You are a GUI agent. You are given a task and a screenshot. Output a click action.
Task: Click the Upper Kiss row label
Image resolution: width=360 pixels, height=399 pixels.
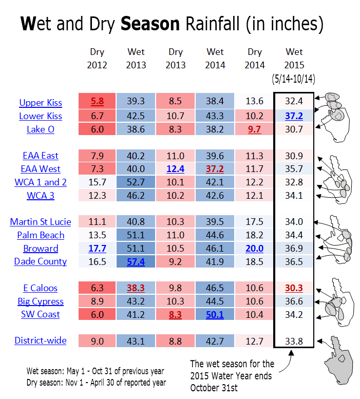pyautogui.click(x=41, y=103)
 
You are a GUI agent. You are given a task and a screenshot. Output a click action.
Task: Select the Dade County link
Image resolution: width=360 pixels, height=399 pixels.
pyautogui.click(x=41, y=261)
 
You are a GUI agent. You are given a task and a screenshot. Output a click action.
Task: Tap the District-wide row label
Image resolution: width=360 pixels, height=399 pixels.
pyautogui.click(x=41, y=340)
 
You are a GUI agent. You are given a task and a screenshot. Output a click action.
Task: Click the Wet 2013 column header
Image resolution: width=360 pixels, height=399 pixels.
pyautogui.click(x=136, y=58)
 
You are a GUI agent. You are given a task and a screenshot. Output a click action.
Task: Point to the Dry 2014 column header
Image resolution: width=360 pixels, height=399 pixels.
pyautogui.click(x=254, y=58)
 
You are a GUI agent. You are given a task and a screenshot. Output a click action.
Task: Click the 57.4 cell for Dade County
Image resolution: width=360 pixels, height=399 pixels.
pyautogui.click(x=136, y=261)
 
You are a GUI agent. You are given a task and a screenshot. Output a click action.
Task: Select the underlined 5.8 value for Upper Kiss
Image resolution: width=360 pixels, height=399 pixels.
pyautogui.click(x=97, y=101)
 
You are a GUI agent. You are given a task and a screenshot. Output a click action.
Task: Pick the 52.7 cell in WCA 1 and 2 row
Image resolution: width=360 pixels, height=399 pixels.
pyautogui.click(x=136, y=182)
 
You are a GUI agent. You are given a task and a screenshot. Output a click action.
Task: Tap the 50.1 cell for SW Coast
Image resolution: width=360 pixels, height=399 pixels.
pyautogui.click(x=215, y=314)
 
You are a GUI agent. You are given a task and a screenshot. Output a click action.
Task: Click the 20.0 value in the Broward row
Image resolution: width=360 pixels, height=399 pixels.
pyautogui.click(x=254, y=249)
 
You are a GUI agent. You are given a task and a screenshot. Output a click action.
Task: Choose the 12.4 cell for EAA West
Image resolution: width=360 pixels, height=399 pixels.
pyautogui.click(x=175, y=169)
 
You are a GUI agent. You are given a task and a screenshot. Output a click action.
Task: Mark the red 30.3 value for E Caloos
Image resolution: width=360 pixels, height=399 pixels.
pyautogui.click(x=294, y=288)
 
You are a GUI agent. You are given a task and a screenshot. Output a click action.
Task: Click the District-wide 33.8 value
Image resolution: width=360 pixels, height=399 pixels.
pyautogui.click(x=294, y=341)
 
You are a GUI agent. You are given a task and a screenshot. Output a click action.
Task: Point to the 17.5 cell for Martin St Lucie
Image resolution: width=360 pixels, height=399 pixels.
pyautogui.click(x=254, y=222)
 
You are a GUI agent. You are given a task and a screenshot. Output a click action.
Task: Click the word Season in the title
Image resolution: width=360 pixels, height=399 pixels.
pyautogui.click(x=150, y=24)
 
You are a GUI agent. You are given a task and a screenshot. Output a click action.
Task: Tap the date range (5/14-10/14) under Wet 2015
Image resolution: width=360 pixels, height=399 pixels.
pyautogui.click(x=293, y=79)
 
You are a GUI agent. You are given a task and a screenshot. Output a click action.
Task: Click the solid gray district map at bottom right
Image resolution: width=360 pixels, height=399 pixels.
pyautogui.click(x=339, y=360)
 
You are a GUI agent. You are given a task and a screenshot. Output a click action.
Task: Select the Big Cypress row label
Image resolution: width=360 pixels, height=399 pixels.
pyautogui.click(x=41, y=301)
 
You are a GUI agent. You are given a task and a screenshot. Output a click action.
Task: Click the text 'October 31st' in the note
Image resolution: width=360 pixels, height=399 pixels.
pyautogui.click(x=214, y=388)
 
